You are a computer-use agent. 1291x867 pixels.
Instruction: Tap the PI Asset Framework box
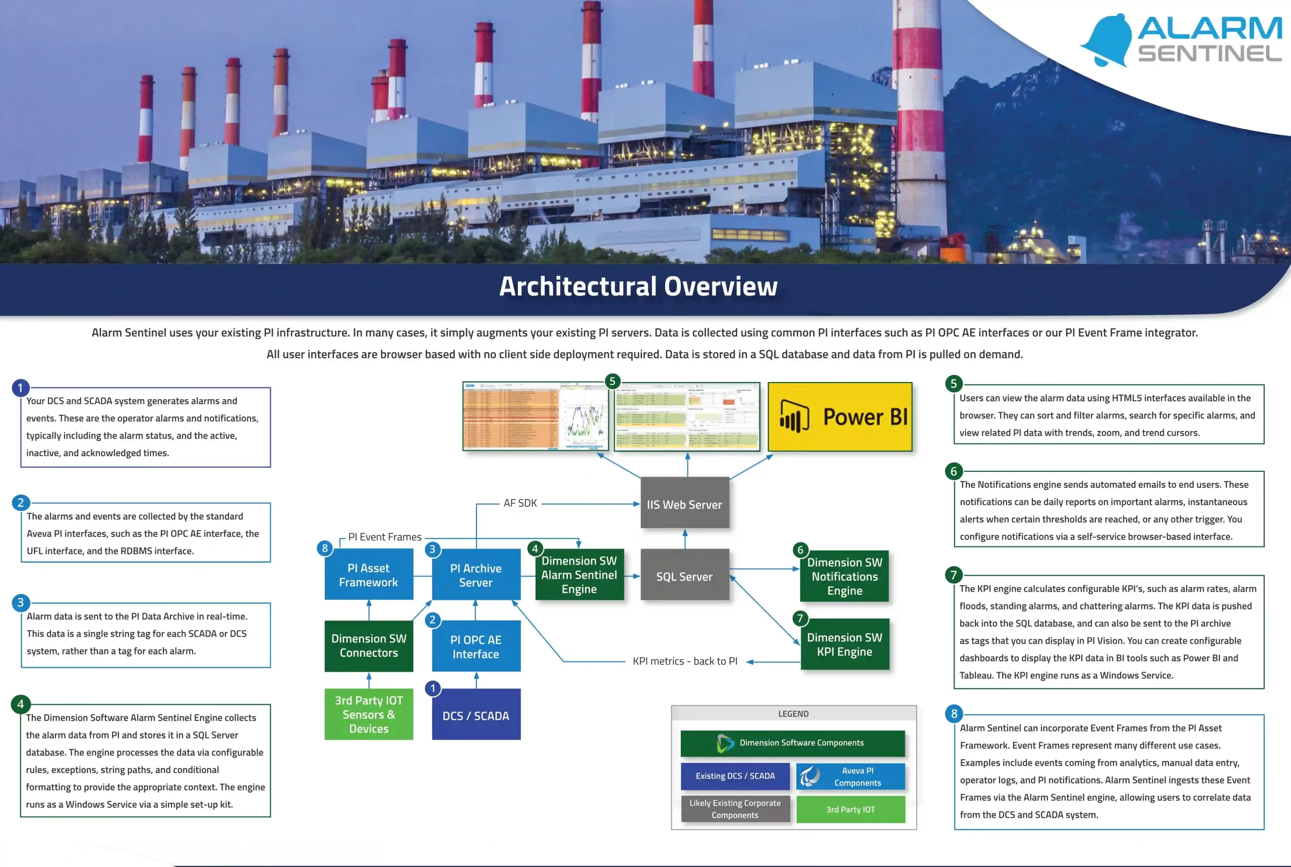click(368, 575)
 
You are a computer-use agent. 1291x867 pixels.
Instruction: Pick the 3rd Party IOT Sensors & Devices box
click(368, 714)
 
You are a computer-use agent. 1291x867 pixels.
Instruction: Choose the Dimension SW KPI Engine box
click(845, 644)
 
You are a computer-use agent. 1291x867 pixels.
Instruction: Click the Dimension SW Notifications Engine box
click(844, 576)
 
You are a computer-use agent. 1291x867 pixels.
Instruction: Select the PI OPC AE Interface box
click(476, 646)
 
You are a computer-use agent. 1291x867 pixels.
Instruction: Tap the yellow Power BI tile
click(840, 417)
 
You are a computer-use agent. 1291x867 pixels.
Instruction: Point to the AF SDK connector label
click(520, 503)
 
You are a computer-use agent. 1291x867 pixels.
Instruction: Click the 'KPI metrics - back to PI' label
click(685, 661)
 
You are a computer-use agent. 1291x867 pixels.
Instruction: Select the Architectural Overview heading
click(638, 286)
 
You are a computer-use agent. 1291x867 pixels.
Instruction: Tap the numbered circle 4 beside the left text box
click(21, 704)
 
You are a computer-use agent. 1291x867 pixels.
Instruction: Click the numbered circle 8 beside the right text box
click(954, 713)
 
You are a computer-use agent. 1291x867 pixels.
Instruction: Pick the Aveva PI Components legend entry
click(850, 776)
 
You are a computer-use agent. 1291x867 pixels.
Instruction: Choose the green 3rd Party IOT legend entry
click(850, 810)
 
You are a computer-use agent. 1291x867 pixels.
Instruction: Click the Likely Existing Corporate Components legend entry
click(735, 809)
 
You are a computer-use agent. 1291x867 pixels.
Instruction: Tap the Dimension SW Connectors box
click(368, 645)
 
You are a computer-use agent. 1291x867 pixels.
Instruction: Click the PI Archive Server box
click(476, 575)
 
